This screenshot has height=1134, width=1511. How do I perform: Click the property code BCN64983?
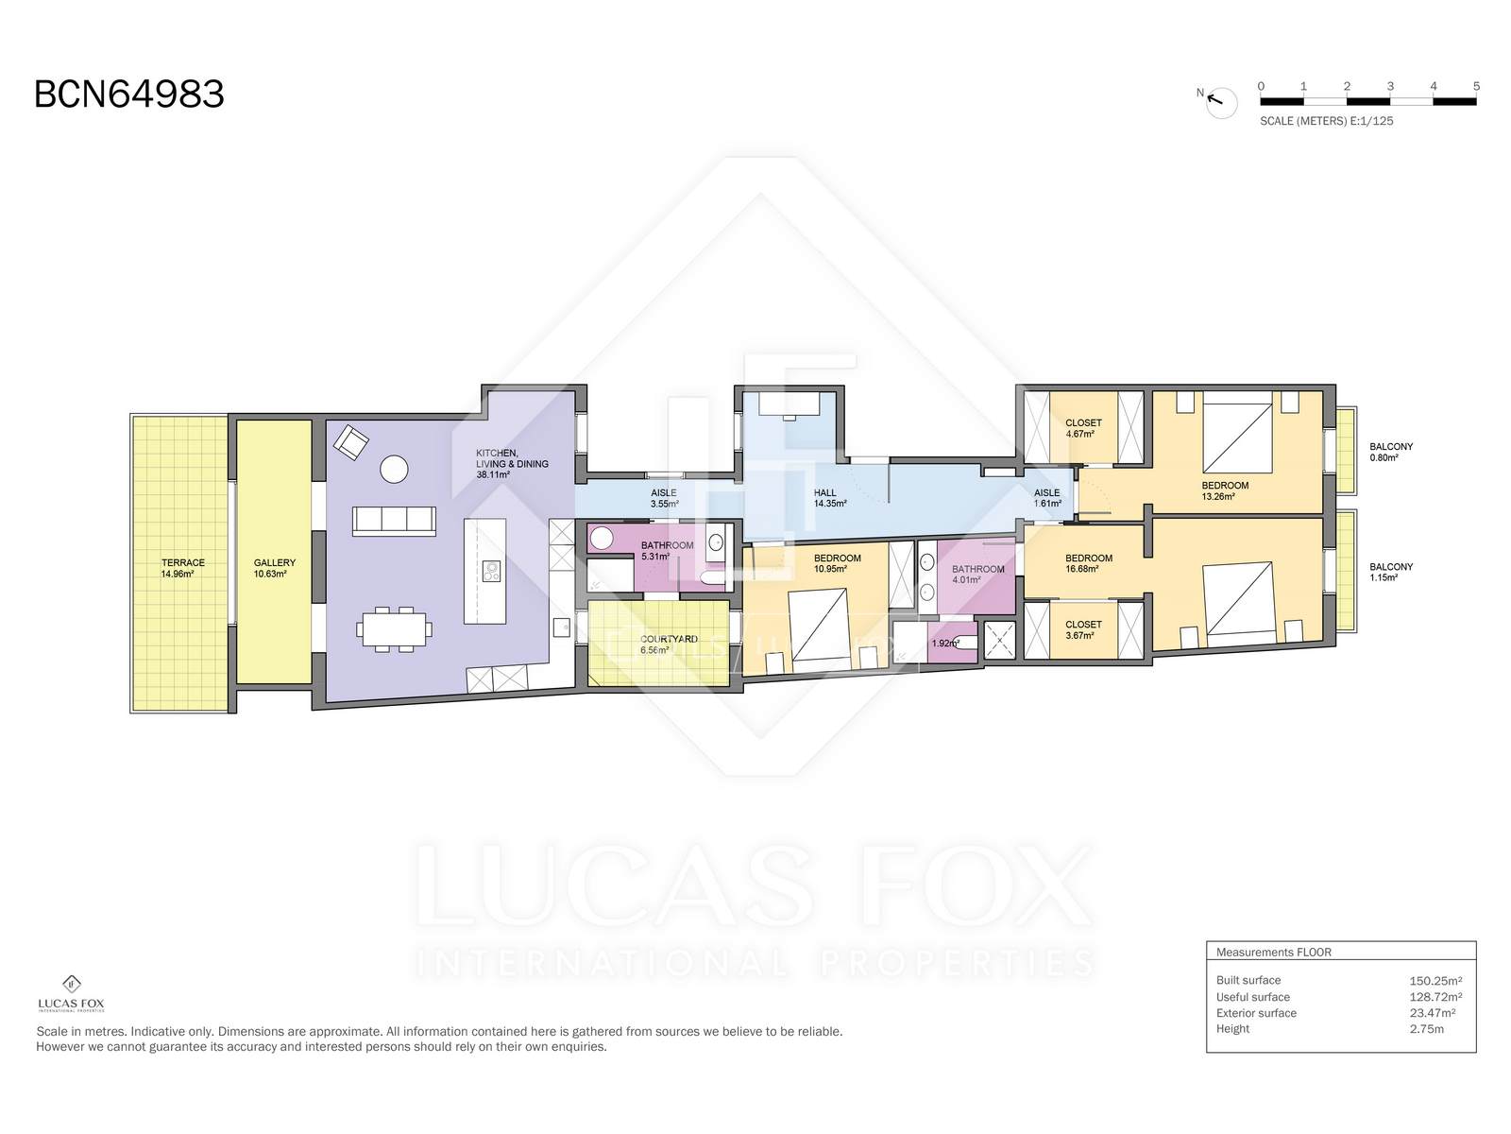(128, 94)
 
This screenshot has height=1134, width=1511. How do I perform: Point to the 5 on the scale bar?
(1476, 86)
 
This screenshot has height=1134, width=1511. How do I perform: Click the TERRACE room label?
(182, 562)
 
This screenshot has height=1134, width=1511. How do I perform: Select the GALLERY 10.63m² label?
(274, 568)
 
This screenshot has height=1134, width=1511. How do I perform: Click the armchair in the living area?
(351, 442)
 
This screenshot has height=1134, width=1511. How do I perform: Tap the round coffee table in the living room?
(394, 470)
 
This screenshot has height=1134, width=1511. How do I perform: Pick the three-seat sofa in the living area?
(394, 521)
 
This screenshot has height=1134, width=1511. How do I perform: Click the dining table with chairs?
(395, 627)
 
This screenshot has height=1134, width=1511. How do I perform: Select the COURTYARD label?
(669, 639)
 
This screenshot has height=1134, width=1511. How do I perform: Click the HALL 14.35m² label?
(829, 498)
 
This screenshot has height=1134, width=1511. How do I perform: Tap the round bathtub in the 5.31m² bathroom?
(603, 538)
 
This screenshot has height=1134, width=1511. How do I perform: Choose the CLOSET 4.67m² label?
(1083, 428)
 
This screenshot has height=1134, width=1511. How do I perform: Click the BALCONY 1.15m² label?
(1390, 572)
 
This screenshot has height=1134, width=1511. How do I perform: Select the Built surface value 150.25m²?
(1435, 981)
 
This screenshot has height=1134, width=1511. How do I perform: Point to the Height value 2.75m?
(1426, 1029)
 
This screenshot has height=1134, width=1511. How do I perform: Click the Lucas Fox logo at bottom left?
(71, 994)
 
